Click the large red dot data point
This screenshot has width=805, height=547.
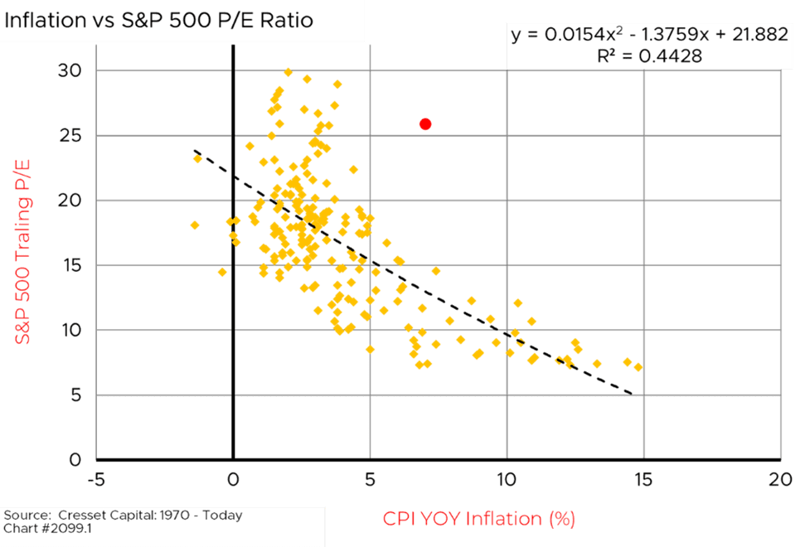[x=425, y=124]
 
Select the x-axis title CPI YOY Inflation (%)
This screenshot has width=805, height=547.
[x=478, y=520]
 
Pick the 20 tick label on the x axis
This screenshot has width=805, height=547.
[x=779, y=479]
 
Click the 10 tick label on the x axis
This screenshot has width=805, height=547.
[x=507, y=479]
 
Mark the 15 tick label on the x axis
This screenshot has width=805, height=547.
[x=643, y=479]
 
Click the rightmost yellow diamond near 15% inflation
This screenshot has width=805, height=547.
[x=638, y=367]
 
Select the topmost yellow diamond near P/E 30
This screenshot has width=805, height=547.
[x=289, y=73]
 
